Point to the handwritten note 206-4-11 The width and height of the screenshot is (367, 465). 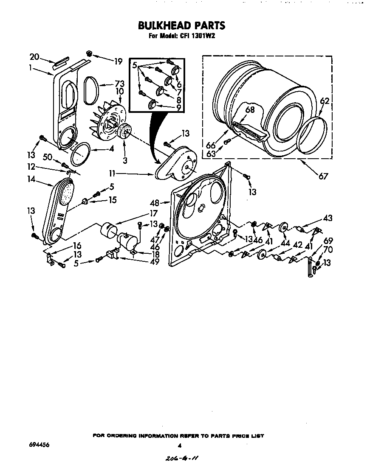point(181,458)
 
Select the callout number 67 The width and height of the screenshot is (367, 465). point(323,176)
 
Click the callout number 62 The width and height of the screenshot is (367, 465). point(325,101)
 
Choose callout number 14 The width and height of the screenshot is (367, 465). point(31,179)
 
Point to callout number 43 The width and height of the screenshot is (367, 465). point(327,218)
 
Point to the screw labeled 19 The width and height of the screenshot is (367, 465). point(90,53)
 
